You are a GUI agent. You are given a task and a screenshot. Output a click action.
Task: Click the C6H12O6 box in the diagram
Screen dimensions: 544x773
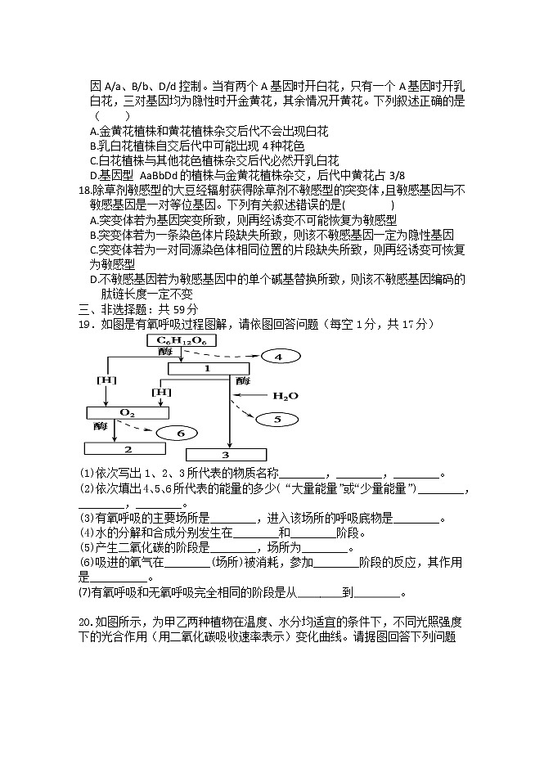point(177,340)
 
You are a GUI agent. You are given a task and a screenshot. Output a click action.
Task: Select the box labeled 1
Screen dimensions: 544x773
point(208,368)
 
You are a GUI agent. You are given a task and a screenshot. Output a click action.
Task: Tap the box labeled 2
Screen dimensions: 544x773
point(128,448)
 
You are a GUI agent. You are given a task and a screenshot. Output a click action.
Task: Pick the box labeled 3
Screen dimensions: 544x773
point(226,454)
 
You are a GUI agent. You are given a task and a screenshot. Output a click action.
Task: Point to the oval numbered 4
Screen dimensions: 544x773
point(277,357)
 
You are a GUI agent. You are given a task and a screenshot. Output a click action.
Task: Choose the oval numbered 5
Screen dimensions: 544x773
point(276,419)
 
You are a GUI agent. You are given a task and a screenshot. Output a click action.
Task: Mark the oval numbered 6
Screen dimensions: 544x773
point(180,433)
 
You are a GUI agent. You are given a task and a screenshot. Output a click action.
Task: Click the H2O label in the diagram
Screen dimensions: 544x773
point(280,396)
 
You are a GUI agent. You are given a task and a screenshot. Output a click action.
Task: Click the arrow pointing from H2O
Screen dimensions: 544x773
point(253,397)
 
